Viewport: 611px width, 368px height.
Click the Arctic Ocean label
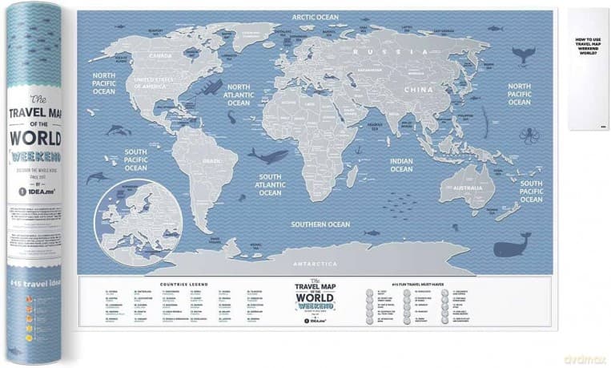[315, 16]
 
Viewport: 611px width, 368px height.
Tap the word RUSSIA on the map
[381, 52]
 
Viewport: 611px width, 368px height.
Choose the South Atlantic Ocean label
[270, 184]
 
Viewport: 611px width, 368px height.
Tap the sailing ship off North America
[209, 87]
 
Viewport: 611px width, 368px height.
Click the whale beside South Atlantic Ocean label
[267, 156]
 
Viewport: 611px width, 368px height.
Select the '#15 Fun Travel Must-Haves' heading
[433, 284]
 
